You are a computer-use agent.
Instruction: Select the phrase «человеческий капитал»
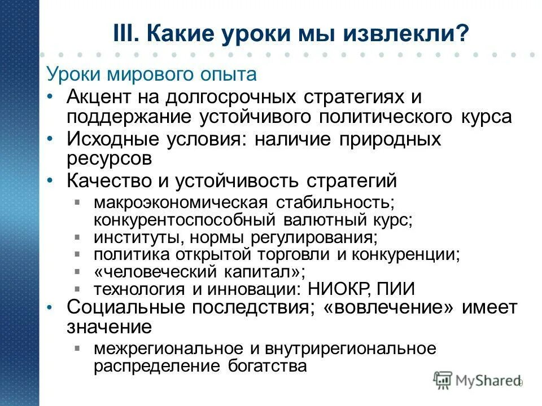click(x=200, y=272)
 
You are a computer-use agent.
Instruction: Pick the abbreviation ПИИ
click(x=396, y=289)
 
